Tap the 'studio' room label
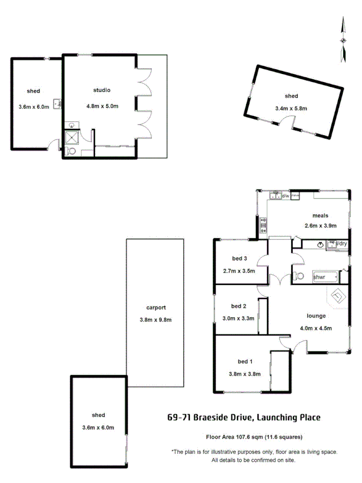pos(101,90)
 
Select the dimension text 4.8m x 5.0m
pos(102,106)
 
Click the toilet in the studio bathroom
pos(72,151)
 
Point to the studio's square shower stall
pos(72,139)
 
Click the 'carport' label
pos(156,308)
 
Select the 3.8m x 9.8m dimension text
pos(156,320)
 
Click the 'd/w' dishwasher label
pos(285,196)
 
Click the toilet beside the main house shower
pos(299,276)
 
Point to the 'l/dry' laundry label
pos(341,244)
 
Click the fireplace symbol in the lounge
pos(338,296)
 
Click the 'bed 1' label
pos(246,361)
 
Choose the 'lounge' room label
pos(316,316)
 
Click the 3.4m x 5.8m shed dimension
pos(291,108)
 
